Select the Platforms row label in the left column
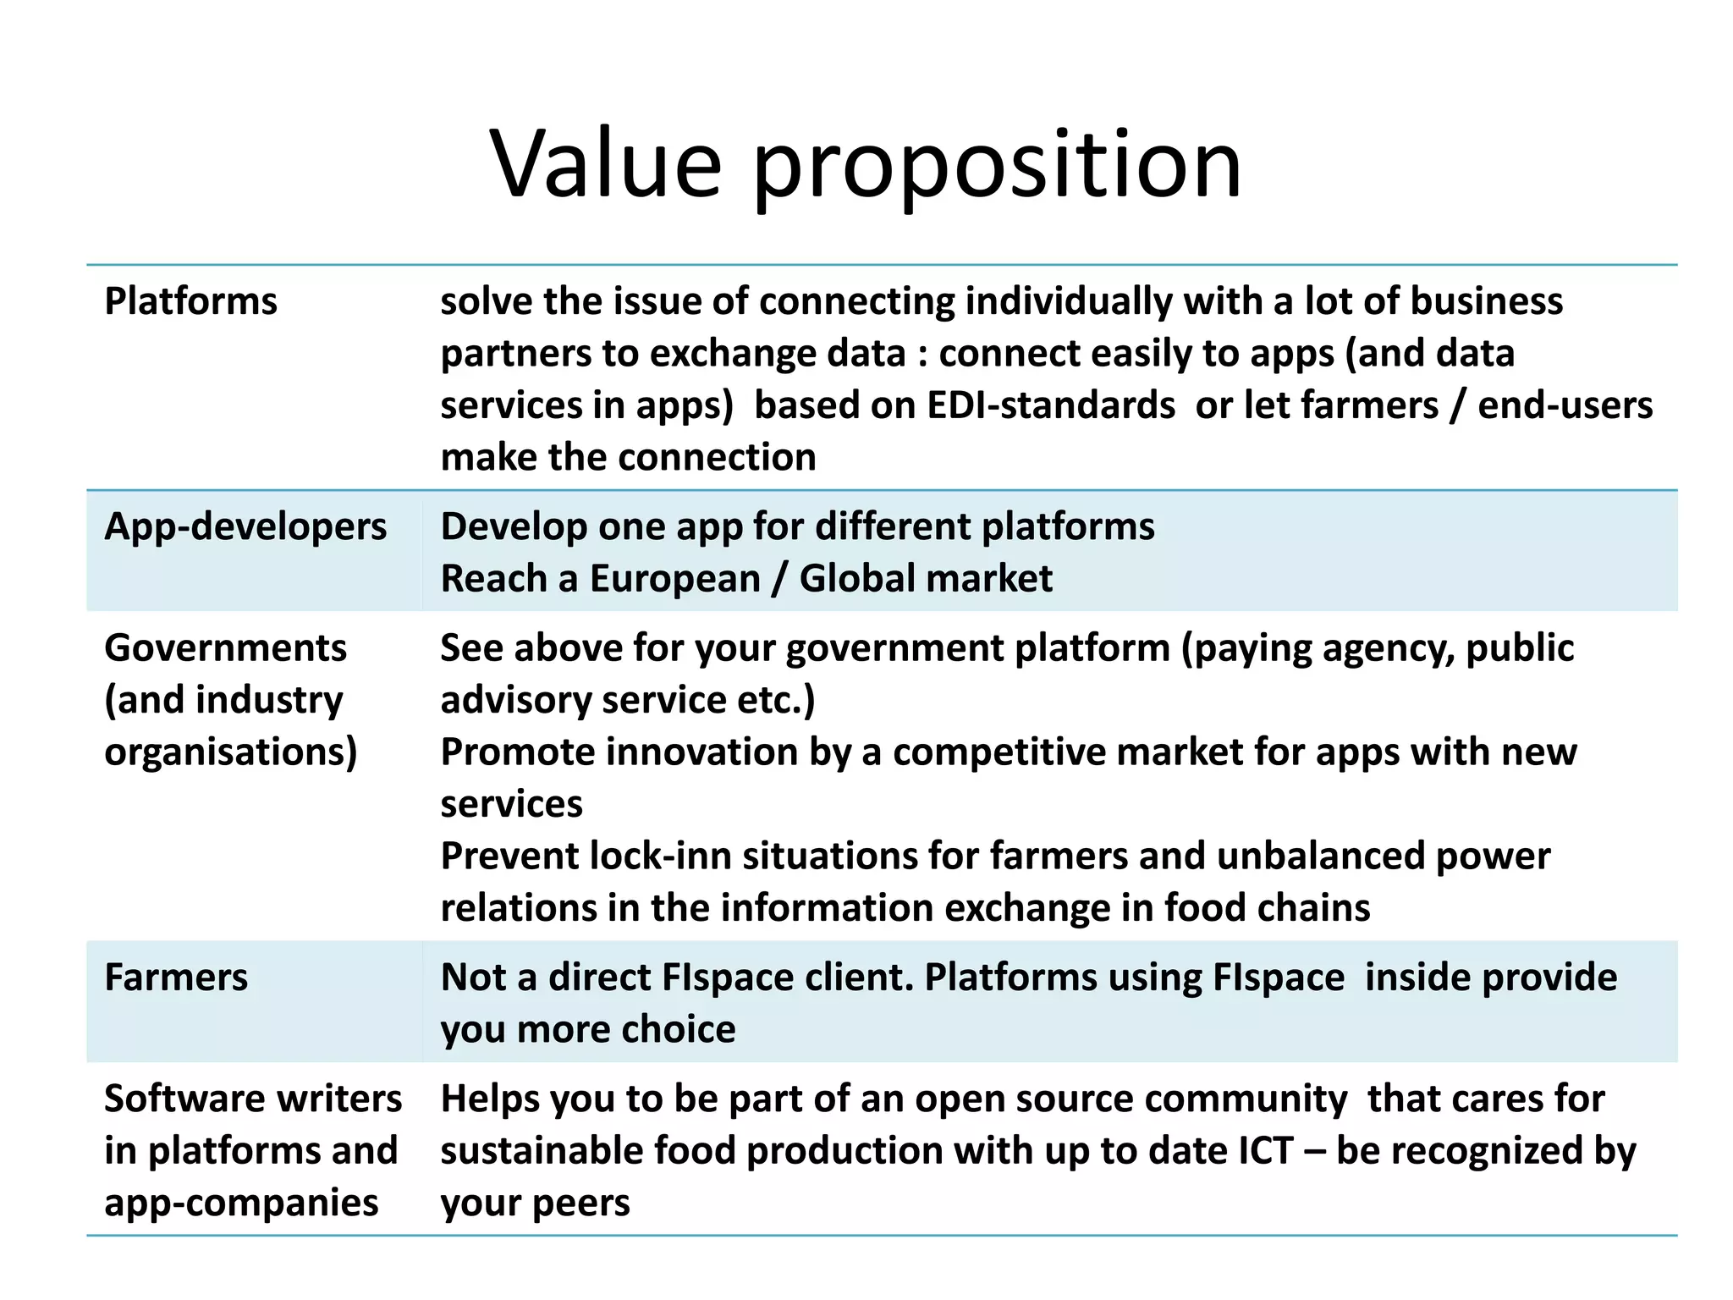(190, 301)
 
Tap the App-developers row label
(245, 526)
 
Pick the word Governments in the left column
(225, 648)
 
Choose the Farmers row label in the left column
(176, 978)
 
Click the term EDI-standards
(1051, 405)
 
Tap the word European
(674, 579)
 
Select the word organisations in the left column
(230, 752)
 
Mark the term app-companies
(241, 1203)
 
